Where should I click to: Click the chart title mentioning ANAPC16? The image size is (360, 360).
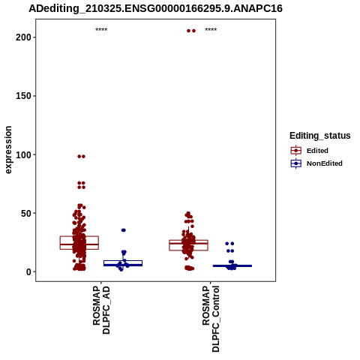pyautogui.click(x=155, y=8)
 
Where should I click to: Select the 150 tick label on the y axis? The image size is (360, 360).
pyautogui.click(x=23, y=96)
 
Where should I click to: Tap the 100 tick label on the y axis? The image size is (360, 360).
pyautogui.click(x=23, y=154)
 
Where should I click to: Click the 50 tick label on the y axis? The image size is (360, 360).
pyautogui.click(x=25, y=213)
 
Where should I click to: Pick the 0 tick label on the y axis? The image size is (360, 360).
pyautogui.click(x=28, y=272)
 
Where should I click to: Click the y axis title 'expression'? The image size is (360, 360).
pyautogui.click(x=8, y=150)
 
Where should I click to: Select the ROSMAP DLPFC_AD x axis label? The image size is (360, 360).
pyautogui.click(x=101, y=310)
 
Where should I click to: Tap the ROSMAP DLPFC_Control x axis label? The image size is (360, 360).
pyautogui.click(x=211, y=319)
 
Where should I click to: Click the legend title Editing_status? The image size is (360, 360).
pyautogui.click(x=319, y=136)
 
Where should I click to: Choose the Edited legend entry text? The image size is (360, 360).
pyautogui.click(x=317, y=151)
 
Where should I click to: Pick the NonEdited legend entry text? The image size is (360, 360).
pyautogui.click(x=325, y=163)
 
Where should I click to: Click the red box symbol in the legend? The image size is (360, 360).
pyautogui.click(x=296, y=151)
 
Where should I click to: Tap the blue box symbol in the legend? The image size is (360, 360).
pyautogui.click(x=296, y=163)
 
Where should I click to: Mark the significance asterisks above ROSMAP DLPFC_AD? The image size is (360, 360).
pyautogui.click(x=101, y=29)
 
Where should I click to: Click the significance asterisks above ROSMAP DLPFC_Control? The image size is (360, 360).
pyautogui.click(x=211, y=29)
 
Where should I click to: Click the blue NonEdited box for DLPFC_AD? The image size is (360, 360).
pyautogui.click(x=123, y=261)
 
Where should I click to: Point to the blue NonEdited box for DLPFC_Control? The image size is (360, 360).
pyautogui.click(x=232, y=265)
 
